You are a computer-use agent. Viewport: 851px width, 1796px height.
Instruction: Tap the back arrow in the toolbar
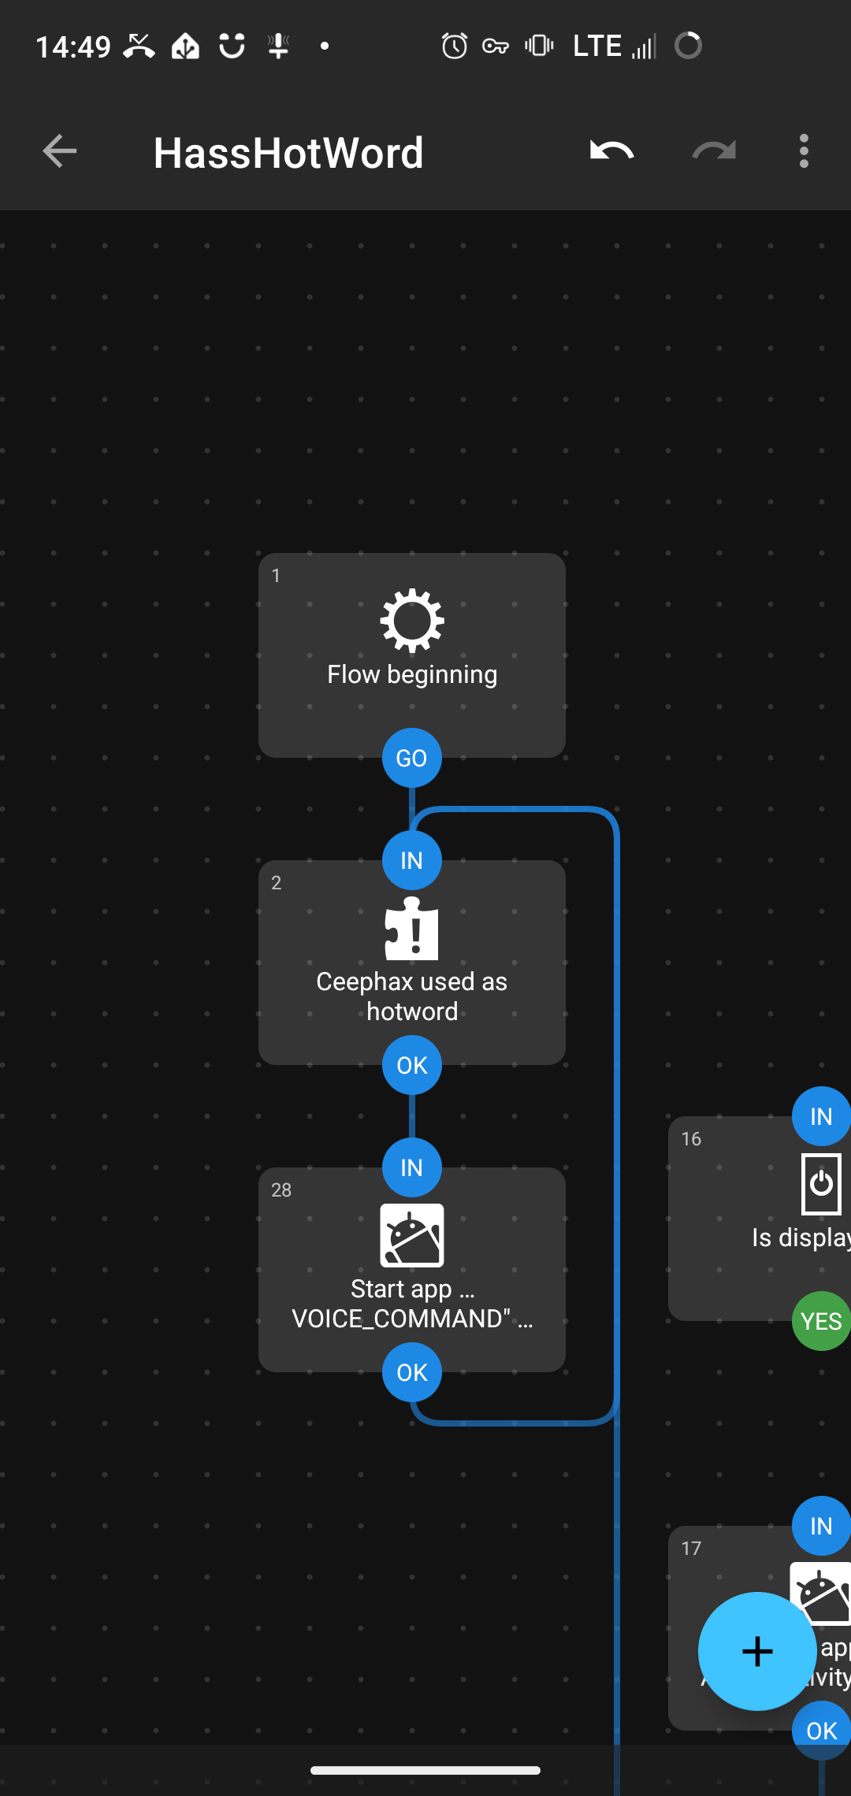(60, 151)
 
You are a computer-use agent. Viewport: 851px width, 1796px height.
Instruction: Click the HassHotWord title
(288, 153)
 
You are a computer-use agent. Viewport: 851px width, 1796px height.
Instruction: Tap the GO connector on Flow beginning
(411, 758)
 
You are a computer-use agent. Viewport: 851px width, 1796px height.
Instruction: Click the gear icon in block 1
(411, 621)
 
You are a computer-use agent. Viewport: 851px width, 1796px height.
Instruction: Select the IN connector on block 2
(411, 860)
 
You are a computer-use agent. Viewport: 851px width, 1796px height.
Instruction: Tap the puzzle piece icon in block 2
(411, 930)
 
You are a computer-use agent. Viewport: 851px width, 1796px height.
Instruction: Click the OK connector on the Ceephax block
(411, 1065)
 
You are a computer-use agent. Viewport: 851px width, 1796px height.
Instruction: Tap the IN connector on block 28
(411, 1167)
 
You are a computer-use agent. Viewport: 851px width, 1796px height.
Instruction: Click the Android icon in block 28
(411, 1235)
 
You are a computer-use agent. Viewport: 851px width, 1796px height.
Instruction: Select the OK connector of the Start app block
(411, 1372)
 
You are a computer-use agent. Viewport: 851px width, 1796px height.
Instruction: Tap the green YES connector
(820, 1321)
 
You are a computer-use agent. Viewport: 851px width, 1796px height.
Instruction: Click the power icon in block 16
(821, 1183)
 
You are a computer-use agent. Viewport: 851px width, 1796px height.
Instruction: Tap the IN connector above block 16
(820, 1116)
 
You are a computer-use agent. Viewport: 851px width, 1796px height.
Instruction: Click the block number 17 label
(691, 1549)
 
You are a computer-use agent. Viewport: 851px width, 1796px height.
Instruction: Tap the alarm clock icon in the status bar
(454, 46)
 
